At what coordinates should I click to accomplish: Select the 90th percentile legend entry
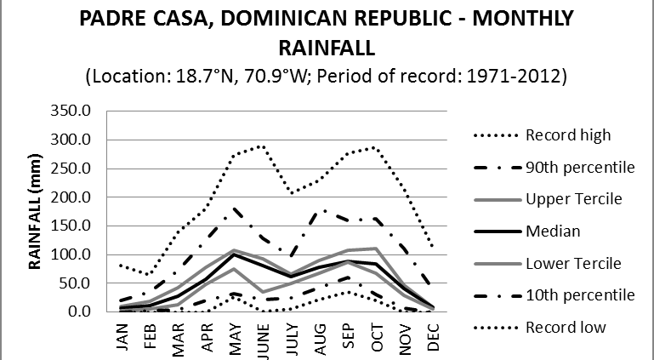pyautogui.click(x=580, y=167)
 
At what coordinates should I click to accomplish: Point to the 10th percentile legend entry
pyautogui.click(x=580, y=295)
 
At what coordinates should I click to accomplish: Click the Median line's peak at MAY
pyautogui.click(x=235, y=254)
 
